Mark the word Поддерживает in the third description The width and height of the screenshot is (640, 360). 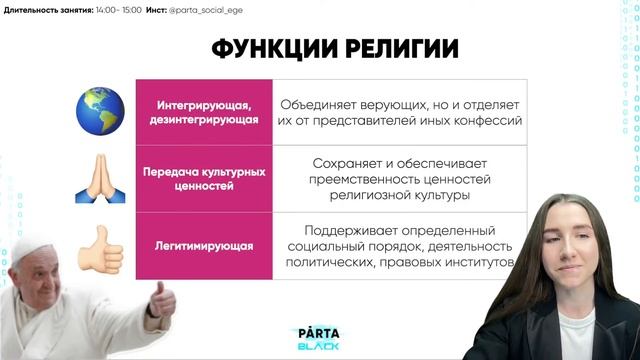(x=353, y=227)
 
